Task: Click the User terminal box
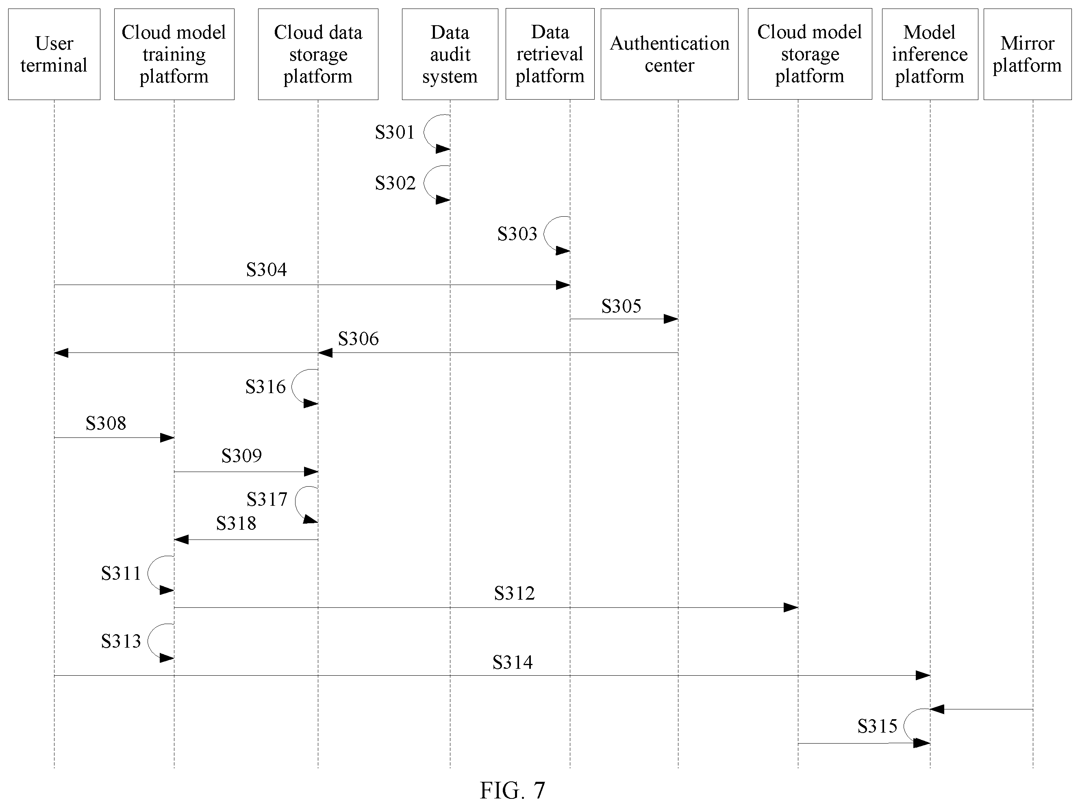click(54, 54)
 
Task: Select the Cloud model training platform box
click(174, 54)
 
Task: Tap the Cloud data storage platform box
click(318, 54)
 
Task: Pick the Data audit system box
click(450, 54)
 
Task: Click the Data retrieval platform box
click(550, 54)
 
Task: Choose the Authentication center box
click(669, 54)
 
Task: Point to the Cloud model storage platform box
click(810, 54)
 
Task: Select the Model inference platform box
click(930, 54)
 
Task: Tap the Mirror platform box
click(1027, 54)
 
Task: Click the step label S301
click(395, 132)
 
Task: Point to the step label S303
click(517, 234)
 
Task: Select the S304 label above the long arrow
click(266, 270)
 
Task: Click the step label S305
click(621, 306)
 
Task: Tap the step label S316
click(265, 387)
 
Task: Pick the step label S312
click(514, 593)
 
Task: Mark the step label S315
click(878, 727)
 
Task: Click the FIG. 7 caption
click(512, 790)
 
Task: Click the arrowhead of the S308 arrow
click(167, 438)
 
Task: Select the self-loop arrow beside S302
click(424, 183)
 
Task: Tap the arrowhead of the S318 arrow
click(181, 539)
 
